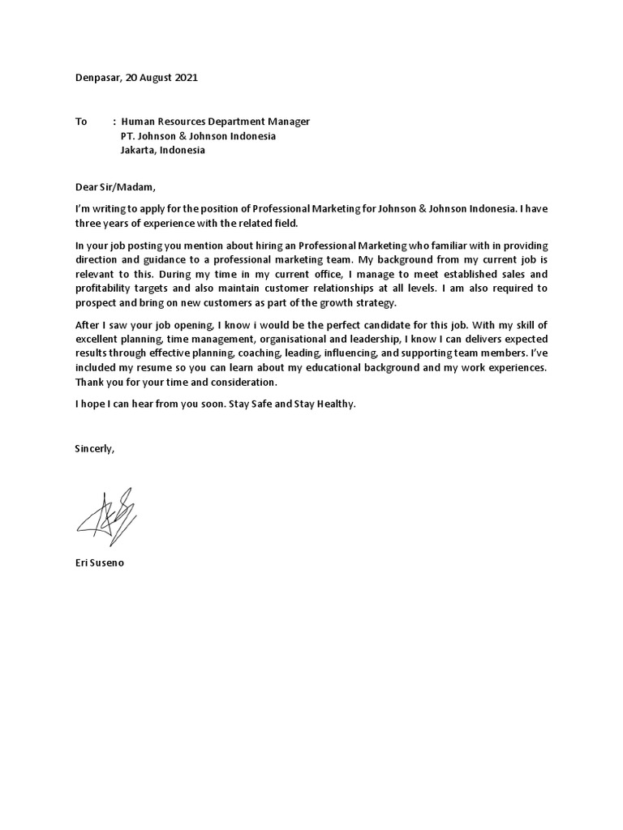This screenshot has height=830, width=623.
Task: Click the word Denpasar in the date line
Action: point(96,78)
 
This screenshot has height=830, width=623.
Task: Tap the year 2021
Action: point(184,78)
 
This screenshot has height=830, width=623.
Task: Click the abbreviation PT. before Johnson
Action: point(128,135)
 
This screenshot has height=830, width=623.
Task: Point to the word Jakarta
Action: point(138,150)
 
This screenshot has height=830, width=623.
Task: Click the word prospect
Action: point(96,302)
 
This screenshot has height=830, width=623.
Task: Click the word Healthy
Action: point(335,404)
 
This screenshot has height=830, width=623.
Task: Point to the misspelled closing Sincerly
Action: point(94,448)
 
